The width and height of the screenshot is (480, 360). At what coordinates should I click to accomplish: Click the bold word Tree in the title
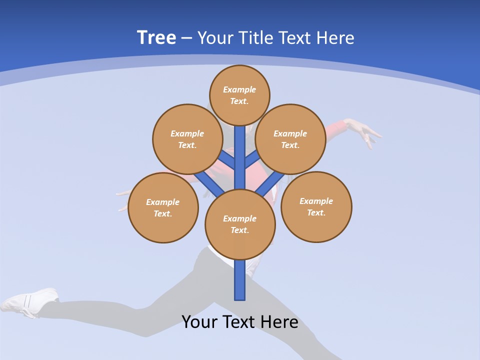click(x=156, y=37)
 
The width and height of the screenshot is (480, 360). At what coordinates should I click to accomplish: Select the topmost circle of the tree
click(x=239, y=95)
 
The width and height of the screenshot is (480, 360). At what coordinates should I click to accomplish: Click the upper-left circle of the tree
click(x=187, y=139)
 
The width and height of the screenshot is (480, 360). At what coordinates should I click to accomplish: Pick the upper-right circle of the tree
click(x=290, y=139)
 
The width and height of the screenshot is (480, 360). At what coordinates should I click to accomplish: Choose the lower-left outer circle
click(x=163, y=208)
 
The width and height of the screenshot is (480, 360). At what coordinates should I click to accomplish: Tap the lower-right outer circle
click(x=316, y=207)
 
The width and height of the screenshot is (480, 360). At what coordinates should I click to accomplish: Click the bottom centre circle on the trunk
click(x=240, y=224)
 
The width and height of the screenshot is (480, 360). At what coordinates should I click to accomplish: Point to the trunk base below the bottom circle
click(x=240, y=282)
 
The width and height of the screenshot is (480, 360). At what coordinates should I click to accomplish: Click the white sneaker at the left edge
click(x=30, y=301)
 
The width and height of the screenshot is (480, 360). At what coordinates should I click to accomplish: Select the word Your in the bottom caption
click(x=199, y=322)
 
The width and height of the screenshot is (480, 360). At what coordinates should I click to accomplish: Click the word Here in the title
click(x=335, y=38)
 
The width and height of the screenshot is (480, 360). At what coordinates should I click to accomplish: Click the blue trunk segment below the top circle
click(x=240, y=155)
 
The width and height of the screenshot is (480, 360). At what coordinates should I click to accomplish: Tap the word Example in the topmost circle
click(x=239, y=89)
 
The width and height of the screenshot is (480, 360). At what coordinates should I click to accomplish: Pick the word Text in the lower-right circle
click(x=315, y=212)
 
